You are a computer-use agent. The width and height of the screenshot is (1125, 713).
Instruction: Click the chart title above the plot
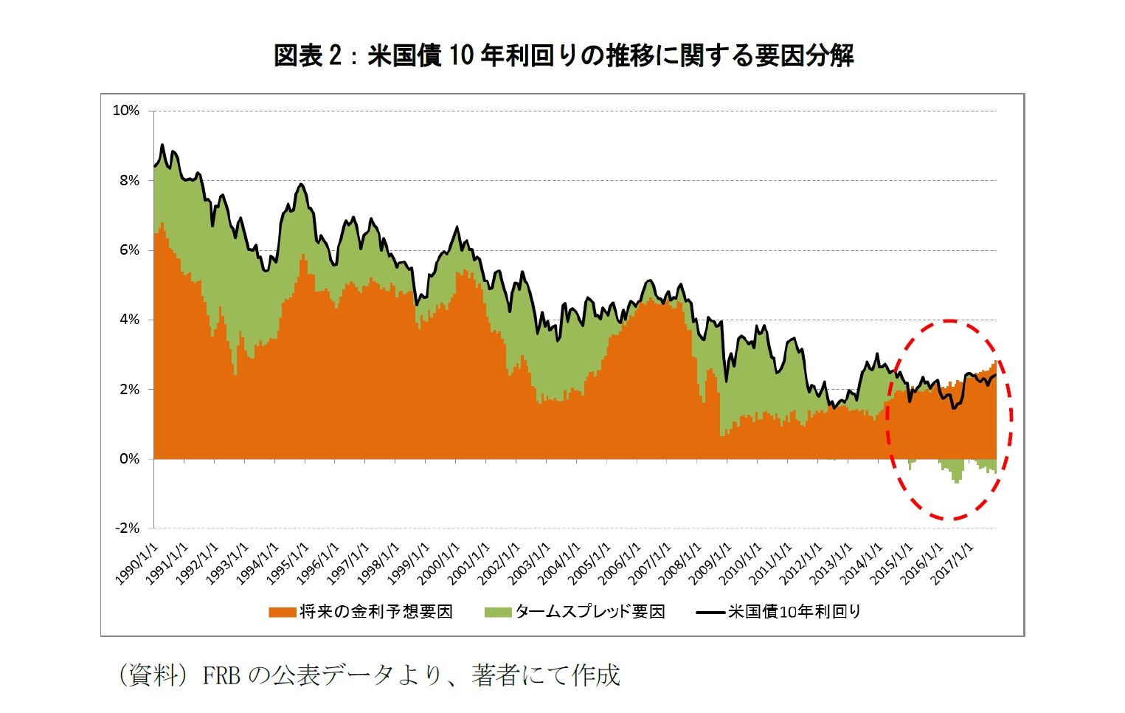pyautogui.click(x=563, y=55)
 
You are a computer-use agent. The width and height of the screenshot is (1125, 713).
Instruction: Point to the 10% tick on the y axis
pyautogui.click(x=125, y=111)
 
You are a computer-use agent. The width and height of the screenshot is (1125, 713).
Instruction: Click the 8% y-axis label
pyautogui.click(x=128, y=180)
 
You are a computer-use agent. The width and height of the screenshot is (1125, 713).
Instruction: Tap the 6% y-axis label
pyautogui.click(x=128, y=250)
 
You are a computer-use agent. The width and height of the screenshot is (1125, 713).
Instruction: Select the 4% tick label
pyautogui.click(x=128, y=320)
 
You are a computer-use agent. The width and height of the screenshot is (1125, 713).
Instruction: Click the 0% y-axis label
pyautogui.click(x=128, y=459)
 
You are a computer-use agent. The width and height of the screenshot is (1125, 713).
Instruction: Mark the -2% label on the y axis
pyautogui.click(x=126, y=528)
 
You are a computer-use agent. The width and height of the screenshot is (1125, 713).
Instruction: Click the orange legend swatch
pyautogui.click(x=282, y=612)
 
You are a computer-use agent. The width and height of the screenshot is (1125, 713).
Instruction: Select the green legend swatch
pyautogui.click(x=498, y=612)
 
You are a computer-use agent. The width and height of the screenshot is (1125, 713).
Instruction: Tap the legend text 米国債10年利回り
pyautogui.click(x=795, y=612)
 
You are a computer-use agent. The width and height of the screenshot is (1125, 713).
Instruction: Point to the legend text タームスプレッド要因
pyautogui.click(x=590, y=612)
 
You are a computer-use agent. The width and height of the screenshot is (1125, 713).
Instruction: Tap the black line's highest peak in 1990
pyautogui.click(x=162, y=145)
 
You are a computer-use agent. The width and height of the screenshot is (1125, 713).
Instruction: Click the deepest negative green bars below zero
pyautogui.click(x=957, y=480)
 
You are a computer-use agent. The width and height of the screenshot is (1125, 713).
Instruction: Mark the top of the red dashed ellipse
pyautogui.click(x=949, y=321)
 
